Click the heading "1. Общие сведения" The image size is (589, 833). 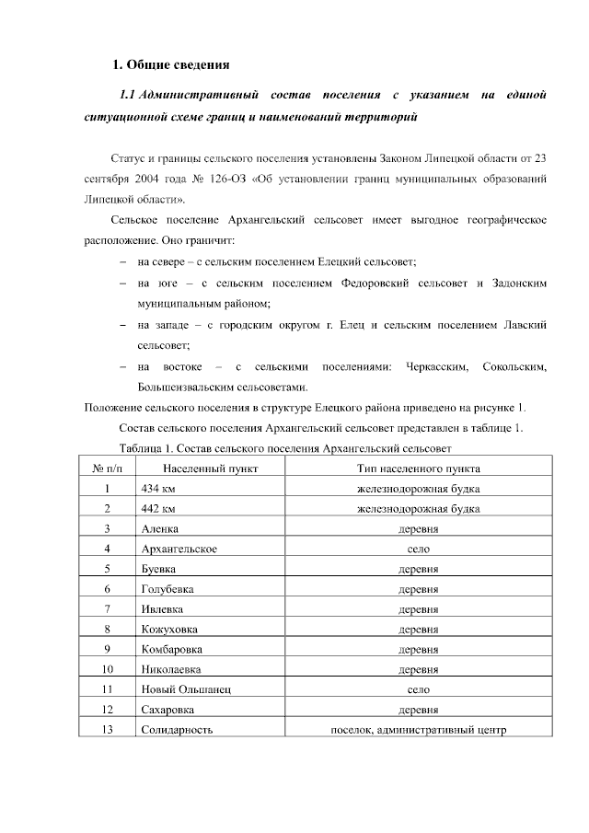click(169, 64)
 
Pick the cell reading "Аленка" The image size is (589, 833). click(160, 528)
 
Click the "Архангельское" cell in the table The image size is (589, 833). click(179, 549)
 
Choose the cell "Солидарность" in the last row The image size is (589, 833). click(178, 729)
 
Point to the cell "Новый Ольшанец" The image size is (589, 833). click(185, 688)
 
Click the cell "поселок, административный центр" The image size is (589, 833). click(418, 729)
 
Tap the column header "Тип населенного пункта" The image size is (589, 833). click(418, 469)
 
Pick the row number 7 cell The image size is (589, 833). click(108, 608)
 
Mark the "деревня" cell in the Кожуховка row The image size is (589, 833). click(418, 629)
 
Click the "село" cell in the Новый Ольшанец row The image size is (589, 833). click(418, 688)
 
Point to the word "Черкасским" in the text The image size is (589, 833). click(426, 368)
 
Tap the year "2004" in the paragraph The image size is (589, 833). click(151, 176)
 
